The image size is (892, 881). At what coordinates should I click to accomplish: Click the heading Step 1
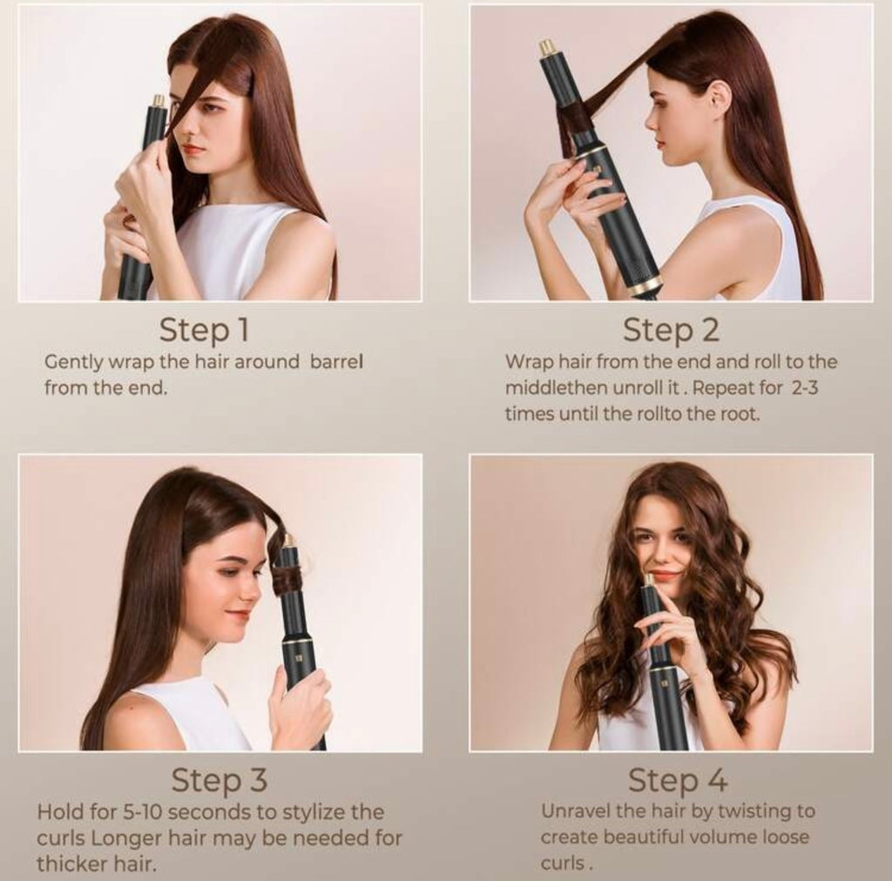(204, 330)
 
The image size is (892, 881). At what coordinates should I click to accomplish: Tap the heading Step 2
(672, 330)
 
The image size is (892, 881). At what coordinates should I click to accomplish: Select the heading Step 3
(219, 780)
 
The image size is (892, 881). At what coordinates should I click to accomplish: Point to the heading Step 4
(678, 780)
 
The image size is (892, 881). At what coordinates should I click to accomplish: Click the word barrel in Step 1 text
(336, 361)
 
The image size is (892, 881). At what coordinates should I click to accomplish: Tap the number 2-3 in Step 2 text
(804, 388)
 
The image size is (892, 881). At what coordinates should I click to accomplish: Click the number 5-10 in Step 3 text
(142, 811)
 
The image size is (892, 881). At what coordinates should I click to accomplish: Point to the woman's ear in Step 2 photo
(720, 94)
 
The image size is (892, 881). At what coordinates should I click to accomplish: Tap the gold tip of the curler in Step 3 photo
(288, 541)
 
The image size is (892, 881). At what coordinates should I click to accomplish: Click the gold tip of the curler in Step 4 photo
(648, 581)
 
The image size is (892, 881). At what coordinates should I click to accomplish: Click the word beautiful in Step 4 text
(644, 837)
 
